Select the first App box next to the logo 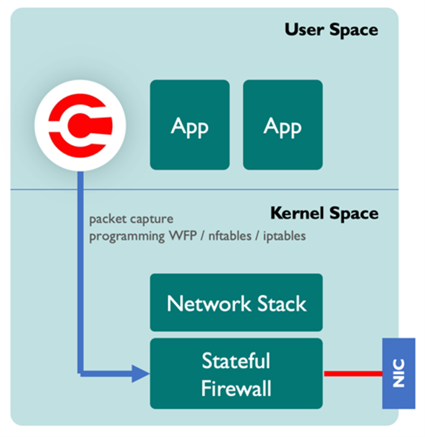189,125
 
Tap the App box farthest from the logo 283,125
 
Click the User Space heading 331,30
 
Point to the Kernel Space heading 324,213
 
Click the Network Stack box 236,303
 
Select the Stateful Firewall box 236,373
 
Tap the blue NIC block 398,373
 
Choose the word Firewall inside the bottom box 236,387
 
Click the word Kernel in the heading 293,213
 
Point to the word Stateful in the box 236,360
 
